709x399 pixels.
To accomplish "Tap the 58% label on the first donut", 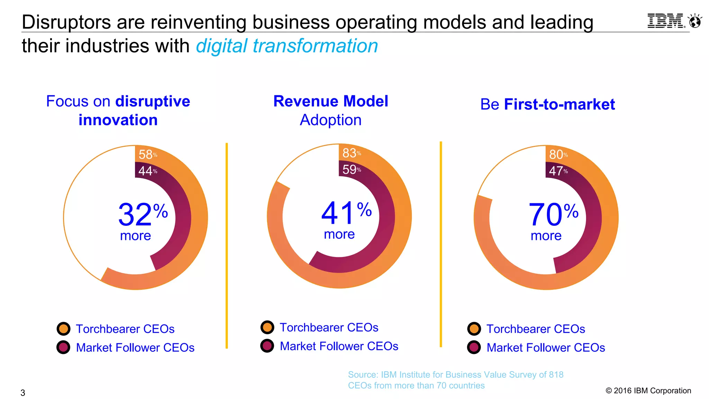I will point(147,154).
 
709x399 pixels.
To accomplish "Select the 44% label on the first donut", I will point(147,171).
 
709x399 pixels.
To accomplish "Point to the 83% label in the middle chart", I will point(351,153).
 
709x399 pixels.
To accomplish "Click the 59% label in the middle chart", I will point(351,169).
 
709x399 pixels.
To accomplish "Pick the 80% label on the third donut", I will point(558,154).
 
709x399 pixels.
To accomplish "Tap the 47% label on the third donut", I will point(558,171).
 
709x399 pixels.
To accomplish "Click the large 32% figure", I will point(143,214).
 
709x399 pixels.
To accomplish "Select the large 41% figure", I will point(346,213).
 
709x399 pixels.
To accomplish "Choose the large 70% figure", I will point(553,214).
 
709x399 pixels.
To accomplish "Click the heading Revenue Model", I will point(331,101).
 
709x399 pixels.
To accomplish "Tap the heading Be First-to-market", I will point(547,105).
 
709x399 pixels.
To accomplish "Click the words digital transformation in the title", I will point(287,46).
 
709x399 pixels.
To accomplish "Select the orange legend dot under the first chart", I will point(63,329).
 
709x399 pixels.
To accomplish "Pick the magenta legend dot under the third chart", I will point(474,347).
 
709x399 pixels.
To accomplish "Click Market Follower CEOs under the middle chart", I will point(339,346).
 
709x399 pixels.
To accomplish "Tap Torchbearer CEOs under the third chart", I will point(536,329).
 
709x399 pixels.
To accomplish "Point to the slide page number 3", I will point(23,393).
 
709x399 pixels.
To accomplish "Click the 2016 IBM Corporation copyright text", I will point(648,391).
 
